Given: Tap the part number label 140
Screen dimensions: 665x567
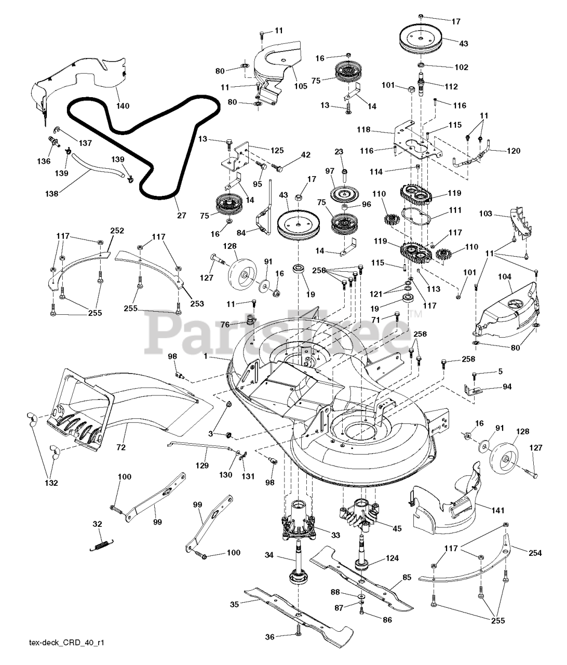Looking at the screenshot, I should (x=123, y=106).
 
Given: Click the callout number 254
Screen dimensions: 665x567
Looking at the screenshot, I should (x=535, y=553).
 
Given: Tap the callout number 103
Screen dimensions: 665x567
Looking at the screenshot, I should (x=485, y=214).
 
